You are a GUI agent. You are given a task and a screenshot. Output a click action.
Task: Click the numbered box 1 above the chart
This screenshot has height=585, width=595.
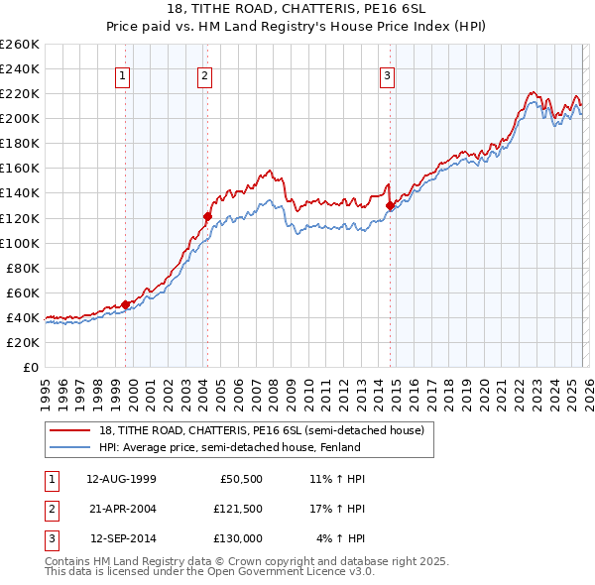click(x=122, y=75)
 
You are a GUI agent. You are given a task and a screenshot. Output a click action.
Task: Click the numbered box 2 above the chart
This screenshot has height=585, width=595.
click(x=204, y=75)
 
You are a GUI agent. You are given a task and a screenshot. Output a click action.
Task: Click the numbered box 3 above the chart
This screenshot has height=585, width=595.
click(x=387, y=75)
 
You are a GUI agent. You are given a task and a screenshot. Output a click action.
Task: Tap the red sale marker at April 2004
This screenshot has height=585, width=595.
click(x=208, y=216)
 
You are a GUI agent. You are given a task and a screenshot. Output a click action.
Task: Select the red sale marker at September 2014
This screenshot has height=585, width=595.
click(x=390, y=205)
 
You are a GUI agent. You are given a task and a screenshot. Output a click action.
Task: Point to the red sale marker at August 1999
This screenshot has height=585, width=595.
click(x=126, y=304)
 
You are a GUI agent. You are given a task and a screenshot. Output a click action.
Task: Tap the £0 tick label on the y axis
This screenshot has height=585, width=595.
click(x=30, y=367)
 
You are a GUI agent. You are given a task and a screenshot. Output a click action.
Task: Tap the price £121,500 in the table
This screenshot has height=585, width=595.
click(x=237, y=509)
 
